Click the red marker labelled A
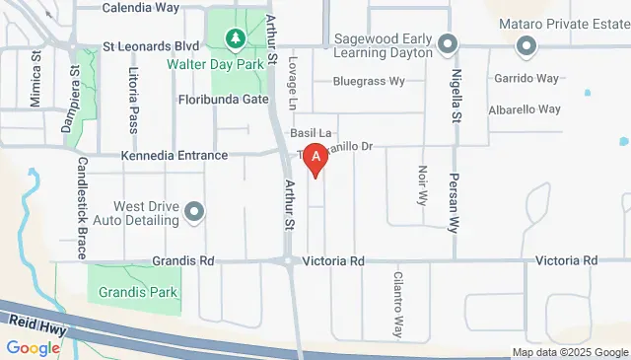click(x=315, y=159)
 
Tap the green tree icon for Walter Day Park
click(x=235, y=39)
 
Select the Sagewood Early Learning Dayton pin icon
click(x=448, y=44)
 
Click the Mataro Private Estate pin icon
click(x=526, y=44)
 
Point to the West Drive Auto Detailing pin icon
click(x=194, y=211)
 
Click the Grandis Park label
click(x=136, y=292)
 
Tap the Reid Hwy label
click(x=36, y=323)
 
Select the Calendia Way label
click(x=141, y=7)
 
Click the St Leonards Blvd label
click(x=151, y=46)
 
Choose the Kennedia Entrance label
click(x=174, y=156)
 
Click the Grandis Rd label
click(x=183, y=261)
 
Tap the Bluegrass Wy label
click(x=369, y=81)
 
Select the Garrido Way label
click(x=527, y=78)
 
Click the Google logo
click(x=34, y=347)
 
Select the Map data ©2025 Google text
click(x=569, y=352)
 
